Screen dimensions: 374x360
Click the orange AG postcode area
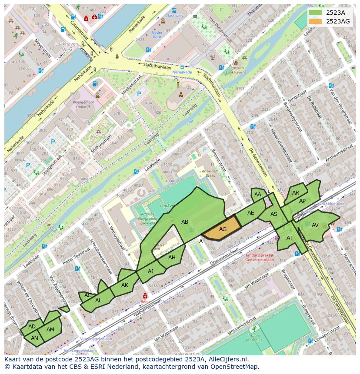[222, 229]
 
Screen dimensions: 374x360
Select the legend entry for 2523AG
[338, 21]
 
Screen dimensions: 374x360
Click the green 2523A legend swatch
[316, 13]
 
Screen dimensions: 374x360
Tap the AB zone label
[185, 222]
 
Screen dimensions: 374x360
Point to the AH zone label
[172, 258]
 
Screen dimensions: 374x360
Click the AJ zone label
[150, 271]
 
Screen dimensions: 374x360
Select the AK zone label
[125, 285]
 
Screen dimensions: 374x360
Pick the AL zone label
[98, 301]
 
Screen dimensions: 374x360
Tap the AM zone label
[50, 330]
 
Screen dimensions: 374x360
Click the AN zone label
[34, 338]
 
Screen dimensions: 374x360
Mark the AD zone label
[32, 326]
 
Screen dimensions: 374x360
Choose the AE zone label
[250, 213]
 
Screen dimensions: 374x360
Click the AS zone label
[274, 214]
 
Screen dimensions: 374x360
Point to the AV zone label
[315, 225]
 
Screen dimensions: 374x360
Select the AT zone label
[290, 238]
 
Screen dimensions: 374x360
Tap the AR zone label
[296, 193]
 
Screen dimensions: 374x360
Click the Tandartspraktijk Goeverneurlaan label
[259, 258]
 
